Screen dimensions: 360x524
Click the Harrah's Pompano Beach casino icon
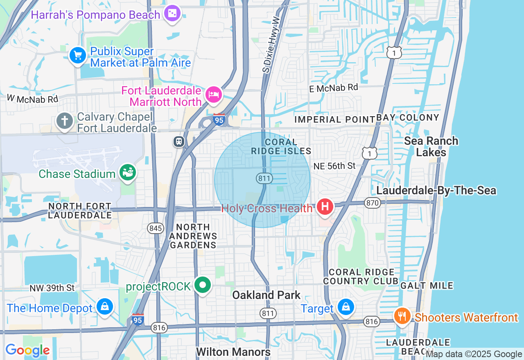(172, 14)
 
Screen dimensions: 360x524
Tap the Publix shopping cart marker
(77, 55)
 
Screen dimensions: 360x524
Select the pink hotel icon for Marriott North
(213, 95)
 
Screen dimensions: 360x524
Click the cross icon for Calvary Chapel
(64, 121)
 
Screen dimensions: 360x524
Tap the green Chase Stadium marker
(127, 173)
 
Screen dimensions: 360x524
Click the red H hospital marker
(325, 207)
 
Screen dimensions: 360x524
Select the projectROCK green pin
(202, 285)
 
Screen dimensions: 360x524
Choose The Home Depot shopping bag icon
(105, 307)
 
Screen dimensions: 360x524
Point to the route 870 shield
(373, 202)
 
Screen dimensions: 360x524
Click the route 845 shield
(156, 228)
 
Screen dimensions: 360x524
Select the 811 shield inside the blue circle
(264, 178)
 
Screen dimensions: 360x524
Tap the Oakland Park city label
(266, 295)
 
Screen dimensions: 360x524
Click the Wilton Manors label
(233, 352)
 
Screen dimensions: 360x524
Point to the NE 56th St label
(334, 166)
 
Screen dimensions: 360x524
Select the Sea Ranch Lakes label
(431, 146)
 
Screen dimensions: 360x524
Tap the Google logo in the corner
(27, 351)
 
